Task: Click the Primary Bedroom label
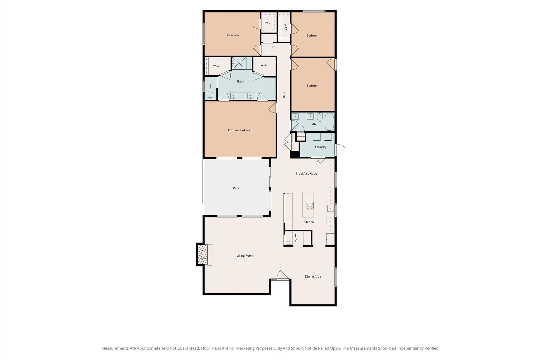point(240,130)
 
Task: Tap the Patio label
point(236,188)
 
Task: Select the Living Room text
point(245,256)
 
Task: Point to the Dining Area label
point(313,277)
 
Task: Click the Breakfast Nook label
point(306,174)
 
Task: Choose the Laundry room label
point(320,147)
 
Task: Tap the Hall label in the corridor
point(284,95)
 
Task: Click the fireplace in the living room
point(204,255)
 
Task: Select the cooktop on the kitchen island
point(310,205)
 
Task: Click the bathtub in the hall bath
point(329,122)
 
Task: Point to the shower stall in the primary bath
point(239,63)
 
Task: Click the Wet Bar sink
point(289,241)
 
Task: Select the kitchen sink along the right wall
point(330,209)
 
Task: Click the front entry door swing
point(282,275)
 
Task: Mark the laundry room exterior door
point(340,150)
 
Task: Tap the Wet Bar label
point(296,238)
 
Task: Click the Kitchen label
point(309,222)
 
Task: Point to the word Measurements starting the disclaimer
point(115,348)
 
